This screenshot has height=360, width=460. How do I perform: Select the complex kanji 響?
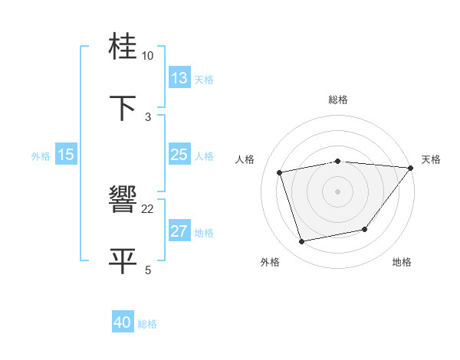(124, 201)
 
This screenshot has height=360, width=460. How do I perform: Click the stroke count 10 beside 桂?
(148, 56)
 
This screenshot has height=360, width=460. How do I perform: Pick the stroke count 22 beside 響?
(148, 208)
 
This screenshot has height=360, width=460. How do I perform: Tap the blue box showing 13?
(179, 78)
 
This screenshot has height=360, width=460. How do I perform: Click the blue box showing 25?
(179, 155)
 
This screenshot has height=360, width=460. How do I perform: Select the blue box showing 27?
(179, 231)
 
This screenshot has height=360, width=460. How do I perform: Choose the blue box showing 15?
(66, 155)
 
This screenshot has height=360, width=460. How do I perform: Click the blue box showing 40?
(123, 322)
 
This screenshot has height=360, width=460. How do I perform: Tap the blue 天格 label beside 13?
(204, 80)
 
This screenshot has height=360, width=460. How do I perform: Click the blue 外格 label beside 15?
(41, 156)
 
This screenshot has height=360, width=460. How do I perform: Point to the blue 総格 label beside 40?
(147, 324)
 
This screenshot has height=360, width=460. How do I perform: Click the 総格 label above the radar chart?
(338, 100)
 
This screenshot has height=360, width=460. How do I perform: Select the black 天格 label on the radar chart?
(431, 159)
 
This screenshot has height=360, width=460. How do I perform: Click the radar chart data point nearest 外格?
(302, 242)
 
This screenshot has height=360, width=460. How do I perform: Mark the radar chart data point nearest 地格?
(366, 229)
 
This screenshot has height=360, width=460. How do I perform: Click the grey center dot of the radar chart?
(337, 191)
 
